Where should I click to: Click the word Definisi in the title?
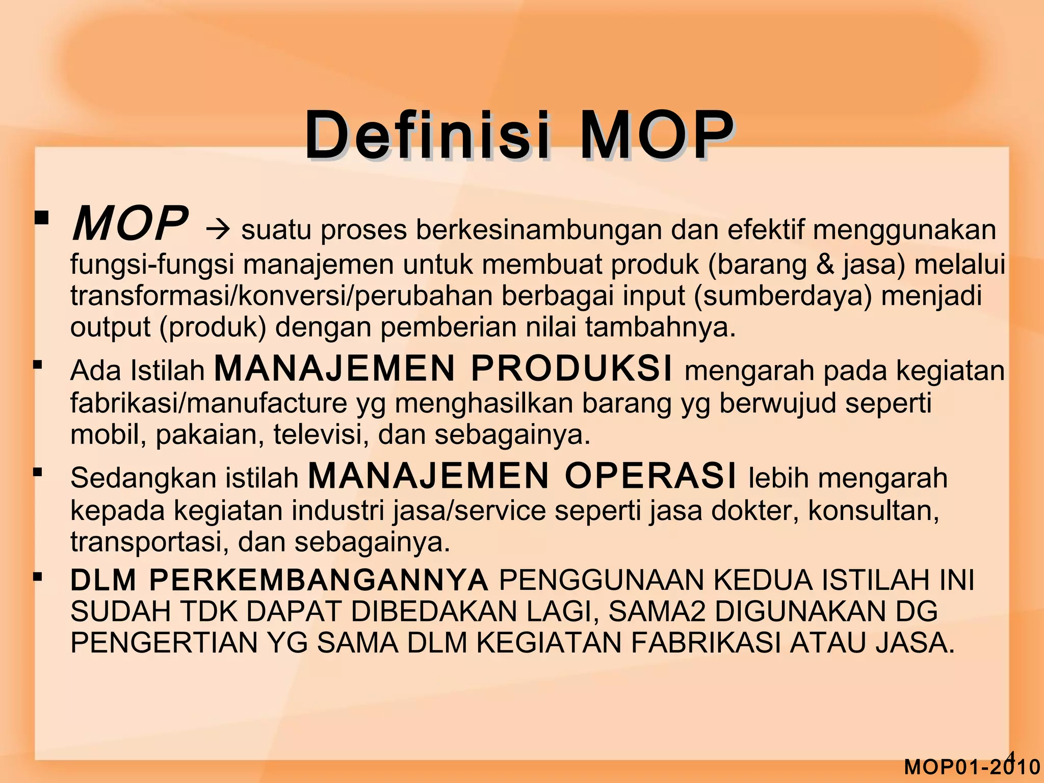[x=427, y=136]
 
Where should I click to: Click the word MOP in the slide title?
[x=656, y=136]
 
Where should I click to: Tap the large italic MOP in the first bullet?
[x=130, y=224]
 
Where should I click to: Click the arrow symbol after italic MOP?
[x=219, y=230]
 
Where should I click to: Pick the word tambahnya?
[x=660, y=327]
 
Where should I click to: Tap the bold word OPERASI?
[x=650, y=476]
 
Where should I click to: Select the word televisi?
[x=321, y=435]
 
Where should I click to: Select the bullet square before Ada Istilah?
[x=37, y=365]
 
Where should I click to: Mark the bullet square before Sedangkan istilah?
[x=37, y=473]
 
